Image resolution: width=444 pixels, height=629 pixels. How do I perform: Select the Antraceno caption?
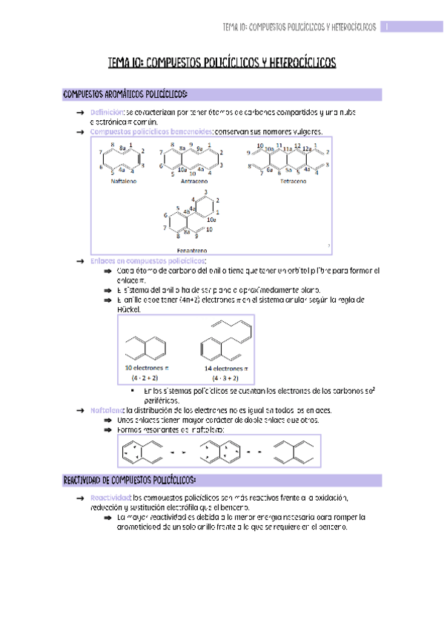point(193,181)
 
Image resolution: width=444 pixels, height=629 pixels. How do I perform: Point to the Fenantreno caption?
point(192,250)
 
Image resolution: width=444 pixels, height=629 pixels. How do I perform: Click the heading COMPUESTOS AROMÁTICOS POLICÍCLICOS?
point(126,94)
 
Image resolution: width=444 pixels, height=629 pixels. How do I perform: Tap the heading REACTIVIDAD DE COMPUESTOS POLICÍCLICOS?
point(130,481)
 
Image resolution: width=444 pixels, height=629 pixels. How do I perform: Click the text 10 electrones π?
point(147,367)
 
